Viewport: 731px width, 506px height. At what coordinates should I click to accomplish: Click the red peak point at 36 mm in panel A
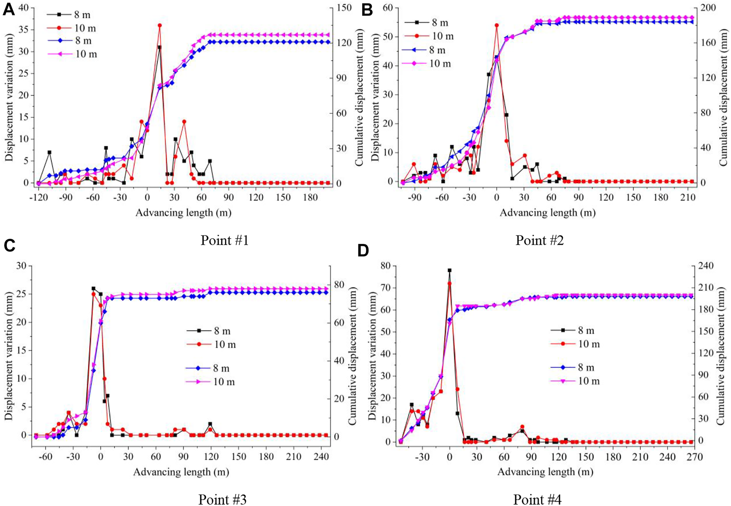(x=160, y=26)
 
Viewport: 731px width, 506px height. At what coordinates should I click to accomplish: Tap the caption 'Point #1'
(x=225, y=240)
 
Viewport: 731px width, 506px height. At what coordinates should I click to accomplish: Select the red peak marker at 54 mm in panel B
(x=497, y=25)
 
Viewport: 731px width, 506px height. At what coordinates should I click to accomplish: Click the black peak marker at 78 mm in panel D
(x=450, y=270)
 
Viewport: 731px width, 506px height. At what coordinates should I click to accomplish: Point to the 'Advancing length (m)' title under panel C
(x=181, y=472)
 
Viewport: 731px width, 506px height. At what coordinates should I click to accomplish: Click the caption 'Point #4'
(x=537, y=499)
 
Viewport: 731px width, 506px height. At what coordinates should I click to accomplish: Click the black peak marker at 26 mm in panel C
(x=93, y=288)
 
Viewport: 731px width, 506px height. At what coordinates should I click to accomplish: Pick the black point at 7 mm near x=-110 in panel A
(x=49, y=152)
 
